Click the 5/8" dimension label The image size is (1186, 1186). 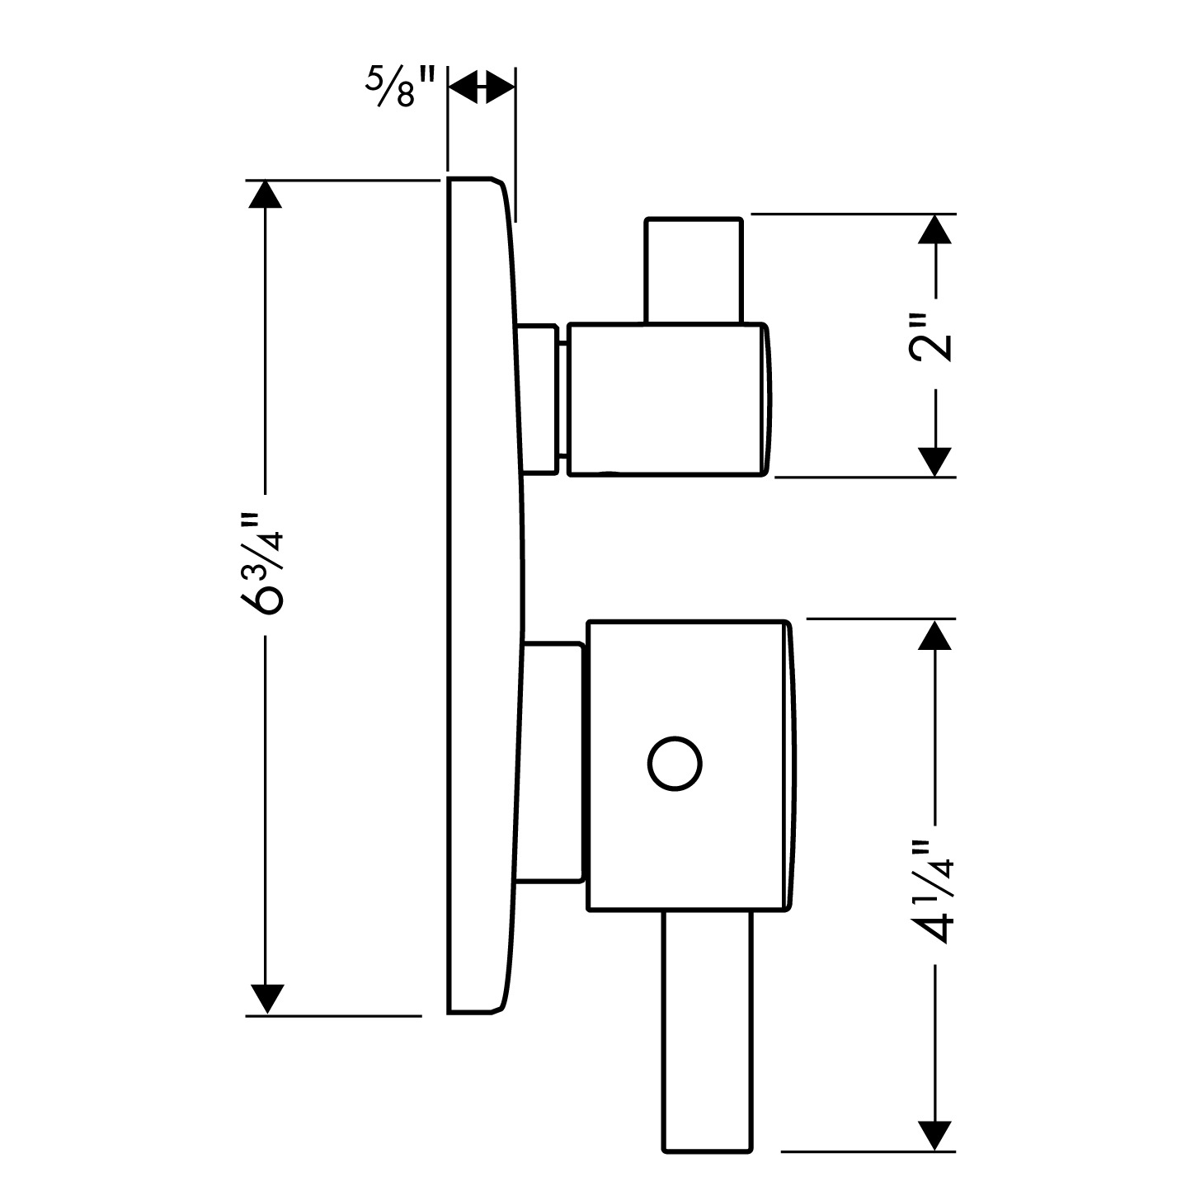pyautogui.click(x=400, y=85)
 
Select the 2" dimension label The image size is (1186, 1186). pyautogui.click(x=933, y=337)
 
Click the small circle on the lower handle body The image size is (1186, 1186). pyautogui.click(x=675, y=765)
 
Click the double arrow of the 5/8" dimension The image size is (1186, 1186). pyautogui.click(x=481, y=87)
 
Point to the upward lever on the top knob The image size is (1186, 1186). pyautogui.click(x=694, y=270)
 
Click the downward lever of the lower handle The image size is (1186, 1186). pyautogui.click(x=708, y=1031)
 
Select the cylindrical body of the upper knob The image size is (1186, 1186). pyautogui.click(x=668, y=399)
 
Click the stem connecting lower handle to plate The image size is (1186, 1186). pyautogui.click(x=554, y=764)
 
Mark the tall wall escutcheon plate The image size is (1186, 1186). pyautogui.click(x=482, y=594)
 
